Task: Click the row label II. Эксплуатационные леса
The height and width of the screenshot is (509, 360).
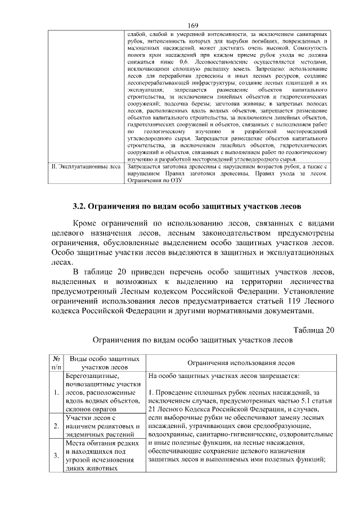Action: (83, 167)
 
